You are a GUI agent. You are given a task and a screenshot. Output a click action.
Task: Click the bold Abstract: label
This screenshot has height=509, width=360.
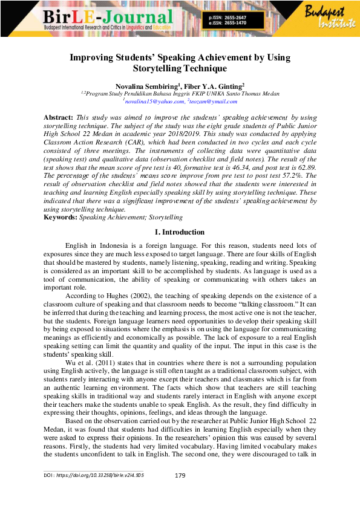(x=58, y=116)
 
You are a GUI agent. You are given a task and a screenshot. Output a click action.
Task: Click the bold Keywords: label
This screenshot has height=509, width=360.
(x=60, y=216)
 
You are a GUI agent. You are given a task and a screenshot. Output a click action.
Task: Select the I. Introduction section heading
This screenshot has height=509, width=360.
(x=180, y=232)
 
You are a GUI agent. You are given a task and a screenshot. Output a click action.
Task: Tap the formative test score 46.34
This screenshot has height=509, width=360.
(x=222, y=166)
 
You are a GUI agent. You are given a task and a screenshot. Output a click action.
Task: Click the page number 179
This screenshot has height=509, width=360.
(x=180, y=476)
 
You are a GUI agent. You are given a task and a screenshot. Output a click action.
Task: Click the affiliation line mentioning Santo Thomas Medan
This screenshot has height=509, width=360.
(x=180, y=94)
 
